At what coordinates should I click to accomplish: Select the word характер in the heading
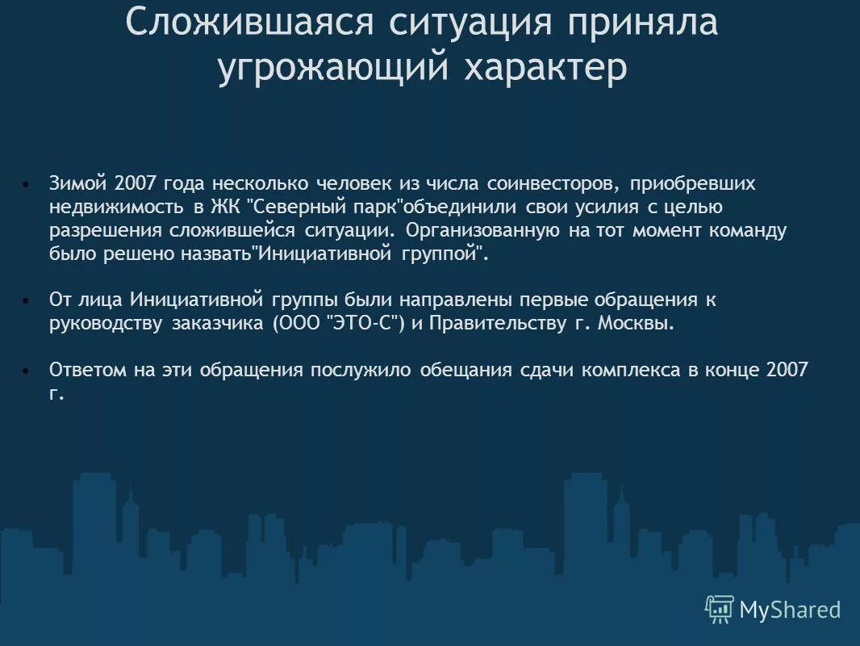[545, 69]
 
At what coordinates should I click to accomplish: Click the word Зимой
[78, 184]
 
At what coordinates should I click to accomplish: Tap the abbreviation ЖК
[223, 207]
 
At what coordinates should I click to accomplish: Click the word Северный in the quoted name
[294, 207]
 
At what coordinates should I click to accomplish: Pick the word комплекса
[629, 370]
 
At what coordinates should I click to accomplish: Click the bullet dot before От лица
[27, 300]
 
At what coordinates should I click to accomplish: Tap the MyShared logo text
[790, 610]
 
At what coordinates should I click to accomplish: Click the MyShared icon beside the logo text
[719, 609]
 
